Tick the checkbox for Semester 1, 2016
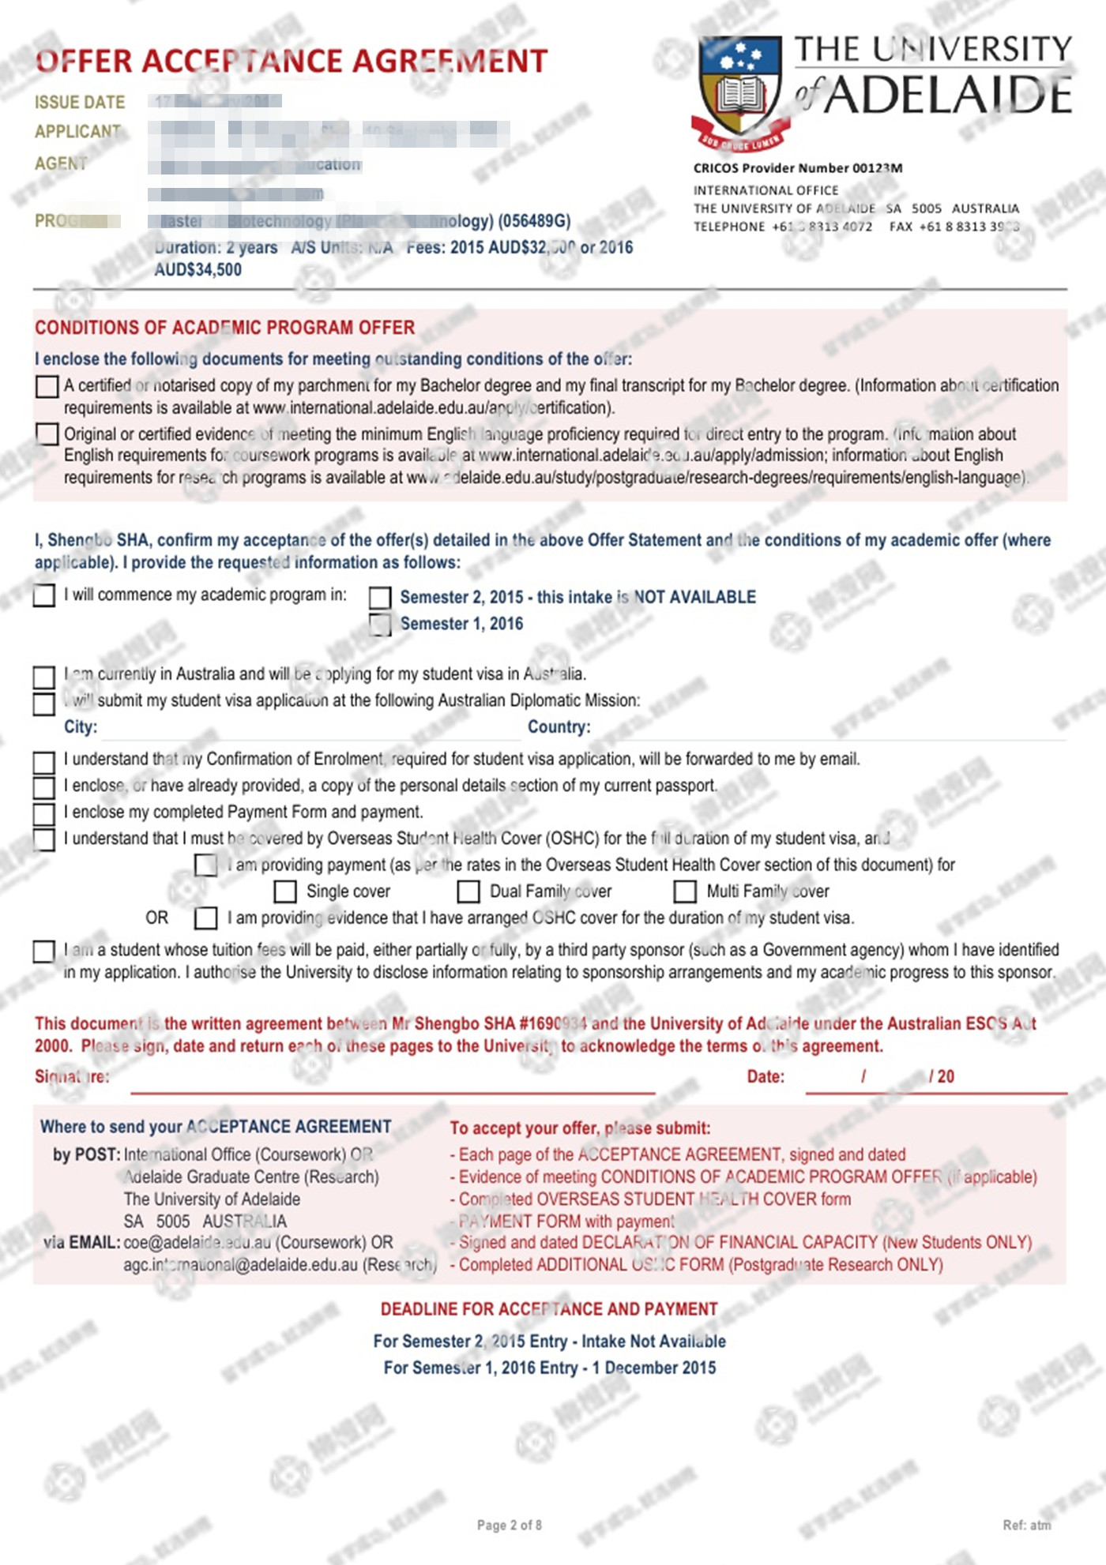(x=380, y=625)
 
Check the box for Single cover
(x=284, y=891)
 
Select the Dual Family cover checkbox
(x=468, y=891)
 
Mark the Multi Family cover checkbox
(x=684, y=891)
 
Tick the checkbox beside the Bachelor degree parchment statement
(x=47, y=386)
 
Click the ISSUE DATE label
(x=80, y=103)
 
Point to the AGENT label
(x=61, y=163)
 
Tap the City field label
(x=81, y=727)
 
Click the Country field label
(x=559, y=727)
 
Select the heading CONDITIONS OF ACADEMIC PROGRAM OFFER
(x=224, y=328)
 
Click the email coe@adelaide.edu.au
(x=198, y=1242)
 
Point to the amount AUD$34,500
(x=198, y=270)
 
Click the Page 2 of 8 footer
(x=509, y=1526)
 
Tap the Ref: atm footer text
(x=1026, y=1526)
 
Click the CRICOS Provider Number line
(x=797, y=168)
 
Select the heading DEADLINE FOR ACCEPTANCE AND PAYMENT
(x=549, y=1309)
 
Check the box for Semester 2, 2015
(x=380, y=598)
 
